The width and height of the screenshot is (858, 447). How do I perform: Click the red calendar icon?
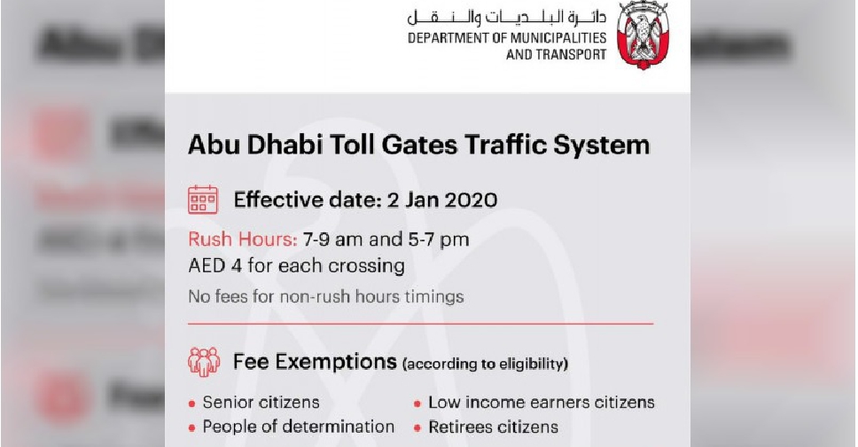pyautogui.click(x=202, y=200)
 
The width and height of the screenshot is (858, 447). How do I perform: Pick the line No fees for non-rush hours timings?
pyautogui.click(x=325, y=296)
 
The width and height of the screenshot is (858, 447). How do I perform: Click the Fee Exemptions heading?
pyautogui.click(x=314, y=362)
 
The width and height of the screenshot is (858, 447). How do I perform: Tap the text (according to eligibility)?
pyautogui.click(x=485, y=364)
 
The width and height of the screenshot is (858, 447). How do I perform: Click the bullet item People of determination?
pyautogui.click(x=298, y=427)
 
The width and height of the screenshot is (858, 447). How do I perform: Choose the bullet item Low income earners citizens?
pyautogui.click(x=541, y=402)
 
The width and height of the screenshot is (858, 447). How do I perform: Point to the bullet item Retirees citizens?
pyautogui.click(x=493, y=427)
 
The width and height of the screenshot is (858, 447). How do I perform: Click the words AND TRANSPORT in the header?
pyautogui.click(x=556, y=54)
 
